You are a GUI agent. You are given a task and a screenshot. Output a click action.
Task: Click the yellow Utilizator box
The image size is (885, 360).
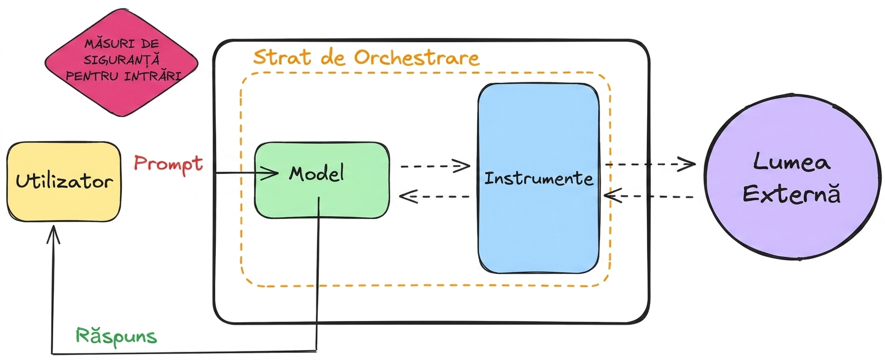pyautogui.click(x=64, y=182)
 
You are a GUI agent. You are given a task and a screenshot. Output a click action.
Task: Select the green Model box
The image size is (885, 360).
pyautogui.click(x=322, y=180)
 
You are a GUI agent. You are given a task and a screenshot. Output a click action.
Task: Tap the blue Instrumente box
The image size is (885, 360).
pyautogui.click(x=539, y=178)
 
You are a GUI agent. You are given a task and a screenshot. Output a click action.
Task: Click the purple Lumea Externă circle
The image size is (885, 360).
pyautogui.click(x=793, y=178)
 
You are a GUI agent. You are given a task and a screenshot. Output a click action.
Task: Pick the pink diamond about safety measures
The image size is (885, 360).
pyautogui.click(x=121, y=63)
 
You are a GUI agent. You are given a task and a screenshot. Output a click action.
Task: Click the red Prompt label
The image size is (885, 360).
pyautogui.click(x=169, y=164)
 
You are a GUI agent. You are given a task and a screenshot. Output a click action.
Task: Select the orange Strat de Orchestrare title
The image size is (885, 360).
pyautogui.click(x=366, y=57)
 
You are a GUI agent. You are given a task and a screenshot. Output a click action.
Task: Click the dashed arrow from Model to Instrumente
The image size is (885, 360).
pyautogui.click(x=435, y=166)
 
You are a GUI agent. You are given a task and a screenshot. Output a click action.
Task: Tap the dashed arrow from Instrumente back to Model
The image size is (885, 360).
pyautogui.click(x=435, y=196)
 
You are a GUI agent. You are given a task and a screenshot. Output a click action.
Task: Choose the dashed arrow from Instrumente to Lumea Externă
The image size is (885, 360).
pyautogui.click(x=650, y=164)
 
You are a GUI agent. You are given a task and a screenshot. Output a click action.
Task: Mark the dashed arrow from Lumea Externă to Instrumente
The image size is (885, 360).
pyautogui.click(x=649, y=196)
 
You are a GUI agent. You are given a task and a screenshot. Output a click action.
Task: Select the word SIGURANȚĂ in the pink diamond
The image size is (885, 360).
pyautogui.click(x=122, y=60)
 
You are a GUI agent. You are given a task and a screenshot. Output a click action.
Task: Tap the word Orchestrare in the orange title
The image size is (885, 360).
pyautogui.click(x=417, y=57)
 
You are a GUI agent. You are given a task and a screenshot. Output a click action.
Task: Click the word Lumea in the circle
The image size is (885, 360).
pyautogui.click(x=791, y=162)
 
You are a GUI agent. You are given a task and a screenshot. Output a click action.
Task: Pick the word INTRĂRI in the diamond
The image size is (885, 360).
pyautogui.click(x=153, y=75)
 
